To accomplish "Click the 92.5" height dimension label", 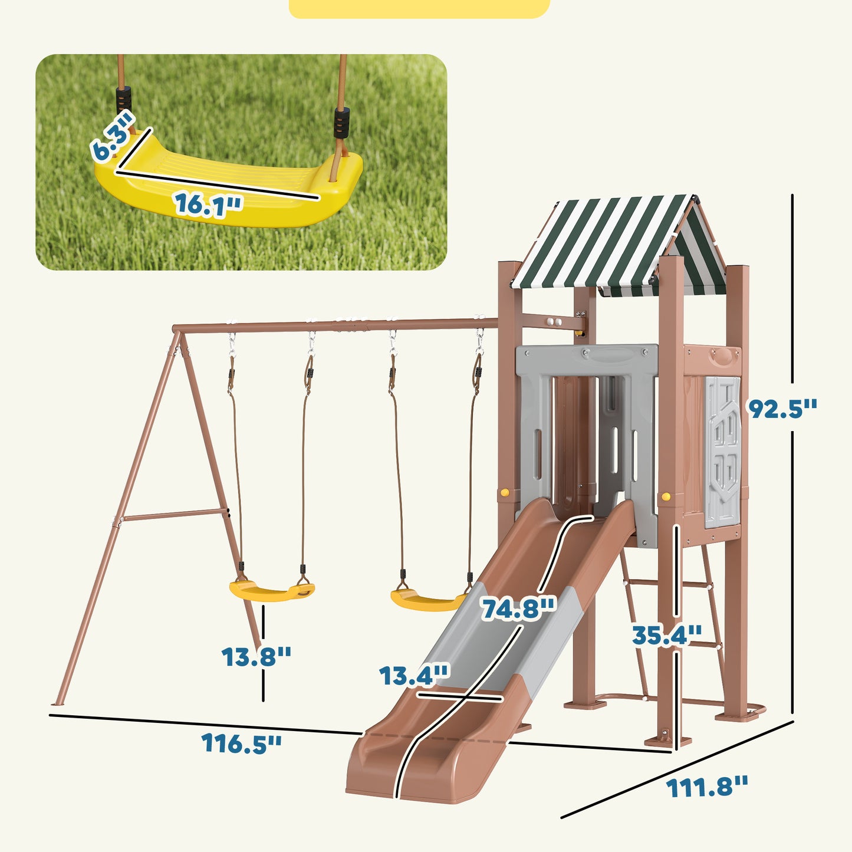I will [x=782, y=408].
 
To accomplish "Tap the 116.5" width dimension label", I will [x=241, y=743].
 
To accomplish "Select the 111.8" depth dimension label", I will [x=706, y=787].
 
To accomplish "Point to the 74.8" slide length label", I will [x=518, y=608].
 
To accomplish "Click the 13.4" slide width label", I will [x=414, y=676].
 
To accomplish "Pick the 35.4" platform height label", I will [x=666, y=635].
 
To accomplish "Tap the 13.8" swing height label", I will [x=256, y=656].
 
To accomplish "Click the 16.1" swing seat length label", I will [x=208, y=204].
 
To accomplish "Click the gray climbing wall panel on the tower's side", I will [x=722, y=451].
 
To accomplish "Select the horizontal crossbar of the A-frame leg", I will [x=174, y=515].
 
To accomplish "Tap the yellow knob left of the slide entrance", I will [x=504, y=492].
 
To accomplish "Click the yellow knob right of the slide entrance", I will [x=666, y=496].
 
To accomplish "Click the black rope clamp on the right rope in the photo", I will [x=341, y=122].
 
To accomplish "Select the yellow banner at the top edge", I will [x=419, y=8].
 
